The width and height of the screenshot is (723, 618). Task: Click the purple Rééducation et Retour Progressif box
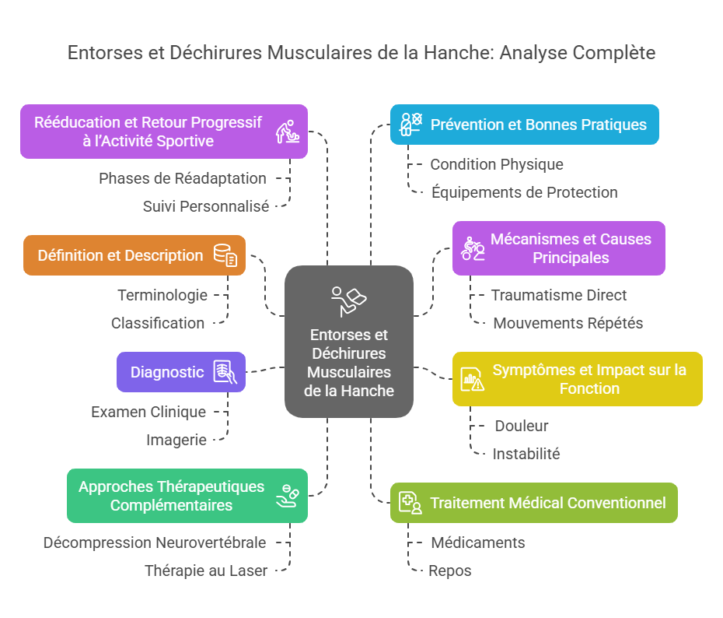pos(163,132)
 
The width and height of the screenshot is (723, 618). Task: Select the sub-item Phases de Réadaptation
pos(183,178)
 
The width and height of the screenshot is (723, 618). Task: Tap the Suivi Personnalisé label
pos(206,206)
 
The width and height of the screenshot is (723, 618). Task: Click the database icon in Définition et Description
pos(225,255)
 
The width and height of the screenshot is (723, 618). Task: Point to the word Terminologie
pos(162,295)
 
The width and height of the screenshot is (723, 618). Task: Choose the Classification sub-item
pos(158,323)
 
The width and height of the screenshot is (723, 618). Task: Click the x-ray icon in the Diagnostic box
pos(225,372)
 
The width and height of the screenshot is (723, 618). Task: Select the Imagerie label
pos(176,440)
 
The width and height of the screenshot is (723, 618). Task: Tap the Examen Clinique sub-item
pos(148,412)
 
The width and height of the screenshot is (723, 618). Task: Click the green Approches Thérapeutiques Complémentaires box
pos(187,496)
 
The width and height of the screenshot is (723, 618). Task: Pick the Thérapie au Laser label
pos(206,571)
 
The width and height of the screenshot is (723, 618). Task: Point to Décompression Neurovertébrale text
pos(155,543)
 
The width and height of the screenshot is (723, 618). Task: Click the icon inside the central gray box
pos(348,300)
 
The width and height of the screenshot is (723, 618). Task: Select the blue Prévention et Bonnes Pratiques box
pos(524,125)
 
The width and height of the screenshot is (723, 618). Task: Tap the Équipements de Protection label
pos(525,192)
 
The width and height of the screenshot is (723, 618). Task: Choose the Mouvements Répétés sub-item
pos(568,323)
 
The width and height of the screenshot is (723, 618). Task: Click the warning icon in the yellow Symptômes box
pos(473,379)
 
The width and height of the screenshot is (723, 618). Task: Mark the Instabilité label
pos(526,454)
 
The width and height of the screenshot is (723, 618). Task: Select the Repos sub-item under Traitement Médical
pos(450,571)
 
